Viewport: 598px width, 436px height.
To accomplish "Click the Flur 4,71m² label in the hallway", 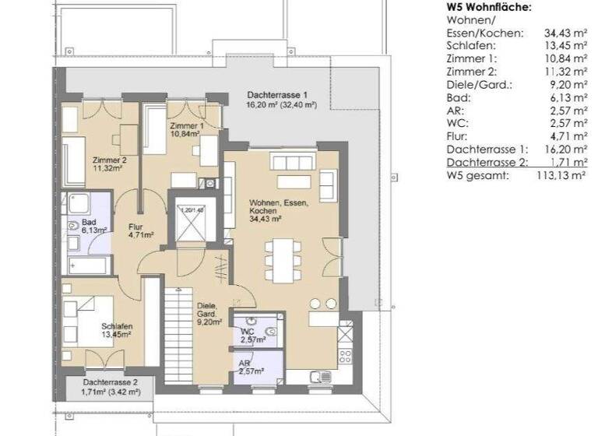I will coord(140,230).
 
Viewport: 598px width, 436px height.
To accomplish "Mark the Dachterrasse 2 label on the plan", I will coord(110,383).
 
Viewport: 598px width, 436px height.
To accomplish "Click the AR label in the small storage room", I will coord(244,363).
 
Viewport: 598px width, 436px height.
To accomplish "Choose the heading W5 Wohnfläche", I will coord(489,7).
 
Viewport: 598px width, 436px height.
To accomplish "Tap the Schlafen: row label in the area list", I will coord(470,45).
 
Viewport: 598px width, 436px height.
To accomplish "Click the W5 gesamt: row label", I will coord(477,176).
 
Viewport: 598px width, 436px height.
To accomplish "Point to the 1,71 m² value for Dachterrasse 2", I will coord(567,163).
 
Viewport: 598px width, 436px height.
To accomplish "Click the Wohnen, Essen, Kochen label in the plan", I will coord(269,206).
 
